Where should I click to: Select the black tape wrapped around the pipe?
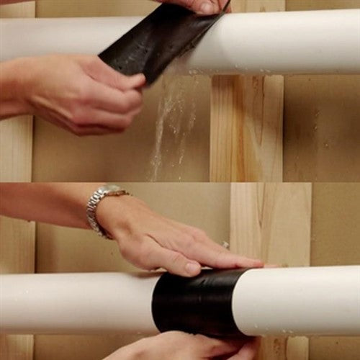tap(194, 302)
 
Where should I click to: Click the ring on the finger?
tap(225, 246)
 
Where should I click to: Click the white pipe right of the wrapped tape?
tap(302, 299)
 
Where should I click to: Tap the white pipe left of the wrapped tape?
tap(72, 302)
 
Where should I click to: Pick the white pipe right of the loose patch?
tap(288, 40)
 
